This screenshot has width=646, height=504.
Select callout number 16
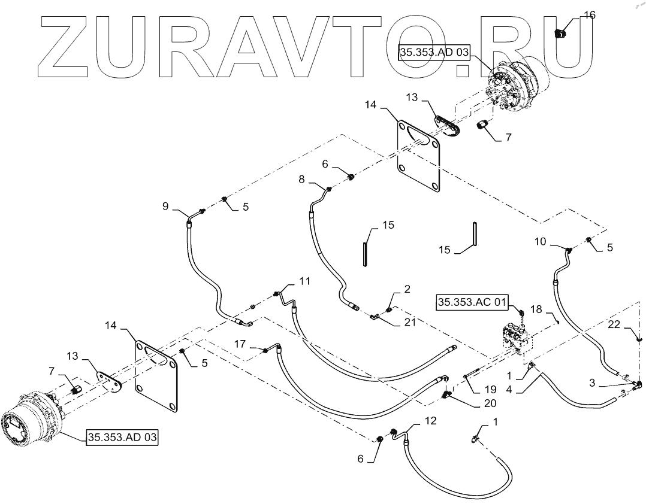[x=590, y=15]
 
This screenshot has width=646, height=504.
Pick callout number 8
[x=301, y=178]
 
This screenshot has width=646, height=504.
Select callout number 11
[x=305, y=281]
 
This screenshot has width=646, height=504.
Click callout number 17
[x=239, y=345]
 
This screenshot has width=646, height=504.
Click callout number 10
[x=540, y=241]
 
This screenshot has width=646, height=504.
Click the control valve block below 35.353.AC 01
[x=516, y=339]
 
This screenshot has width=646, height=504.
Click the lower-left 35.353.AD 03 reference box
[x=122, y=438]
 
